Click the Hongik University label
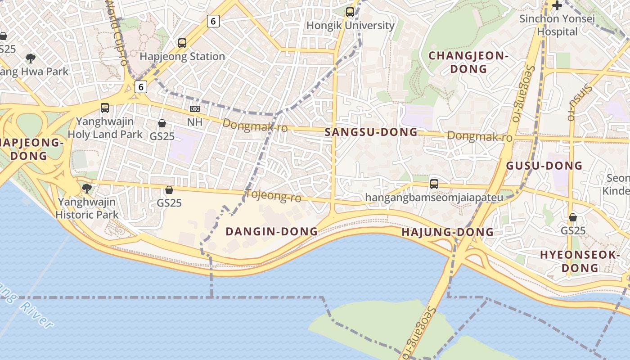350,26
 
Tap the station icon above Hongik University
350,12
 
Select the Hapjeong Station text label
182,57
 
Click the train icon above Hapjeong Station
182,43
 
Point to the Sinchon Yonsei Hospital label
557,25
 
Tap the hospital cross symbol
557,6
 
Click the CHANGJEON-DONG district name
468,62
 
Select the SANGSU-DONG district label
371,132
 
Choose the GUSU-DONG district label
544,166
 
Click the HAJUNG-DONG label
447,232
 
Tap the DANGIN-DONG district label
271,232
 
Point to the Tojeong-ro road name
274,196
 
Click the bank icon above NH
195,109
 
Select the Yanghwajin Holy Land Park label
105,128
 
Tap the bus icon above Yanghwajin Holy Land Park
105,108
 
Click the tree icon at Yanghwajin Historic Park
87,188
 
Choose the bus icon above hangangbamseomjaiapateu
434,184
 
